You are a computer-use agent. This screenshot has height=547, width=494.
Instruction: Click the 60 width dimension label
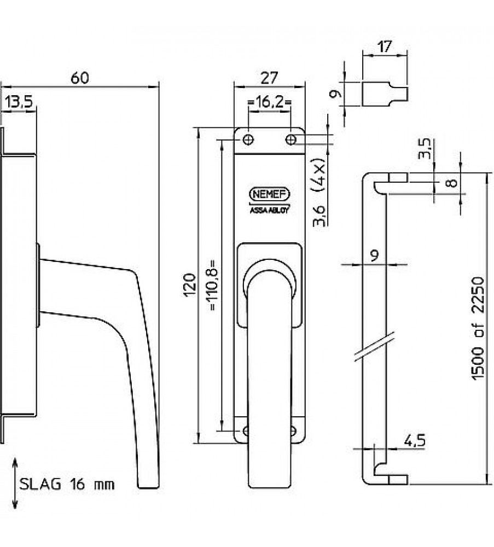point(80,78)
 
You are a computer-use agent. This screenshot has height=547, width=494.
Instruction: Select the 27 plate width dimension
point(268,78)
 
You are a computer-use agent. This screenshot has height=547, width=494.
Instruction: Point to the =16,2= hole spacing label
point(269,102)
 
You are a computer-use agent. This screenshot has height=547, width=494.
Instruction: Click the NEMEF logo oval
point(269,195)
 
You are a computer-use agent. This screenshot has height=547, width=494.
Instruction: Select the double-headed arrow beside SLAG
point(14,484)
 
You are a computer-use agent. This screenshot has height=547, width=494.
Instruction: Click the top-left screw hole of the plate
point(248,140)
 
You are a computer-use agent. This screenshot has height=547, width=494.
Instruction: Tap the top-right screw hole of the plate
point(291,140)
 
